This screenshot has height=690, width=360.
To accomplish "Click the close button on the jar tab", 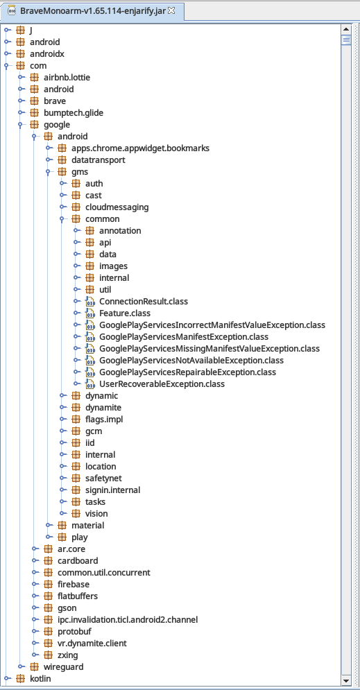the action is click(171, 10).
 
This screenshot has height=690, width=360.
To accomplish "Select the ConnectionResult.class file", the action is click(144, 302).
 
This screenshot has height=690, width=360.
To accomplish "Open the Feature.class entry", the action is click(125, 313).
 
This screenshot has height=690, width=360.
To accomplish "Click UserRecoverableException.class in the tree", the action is click(162, 384).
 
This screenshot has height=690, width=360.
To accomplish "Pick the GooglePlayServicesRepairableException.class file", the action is click(187, 372).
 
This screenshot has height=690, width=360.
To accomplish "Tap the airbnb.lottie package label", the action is click(67, 78).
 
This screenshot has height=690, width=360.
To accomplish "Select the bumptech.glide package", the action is click(74, 112).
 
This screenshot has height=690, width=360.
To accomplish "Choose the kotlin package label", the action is click(40, 679).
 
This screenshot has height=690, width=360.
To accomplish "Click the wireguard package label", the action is click(63, 666).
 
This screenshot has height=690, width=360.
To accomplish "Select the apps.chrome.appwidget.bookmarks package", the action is click(140, 148).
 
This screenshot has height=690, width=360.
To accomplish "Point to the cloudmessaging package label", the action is click(117, 207).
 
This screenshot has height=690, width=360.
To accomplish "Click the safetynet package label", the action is click(103, 478).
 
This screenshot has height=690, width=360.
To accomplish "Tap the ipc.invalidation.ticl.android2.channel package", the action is click(128, 619).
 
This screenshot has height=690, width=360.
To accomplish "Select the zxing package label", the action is click(68, 655).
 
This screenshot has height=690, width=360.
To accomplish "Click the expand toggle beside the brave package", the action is click(21, 101).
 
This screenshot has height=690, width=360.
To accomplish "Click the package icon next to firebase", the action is click(48, 585).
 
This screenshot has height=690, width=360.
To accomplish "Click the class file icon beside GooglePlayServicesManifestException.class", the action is click(89, 337).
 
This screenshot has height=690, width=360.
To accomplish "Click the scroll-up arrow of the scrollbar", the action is click(346, 30).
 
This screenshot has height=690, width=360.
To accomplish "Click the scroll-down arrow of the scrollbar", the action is click(346, 680).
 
